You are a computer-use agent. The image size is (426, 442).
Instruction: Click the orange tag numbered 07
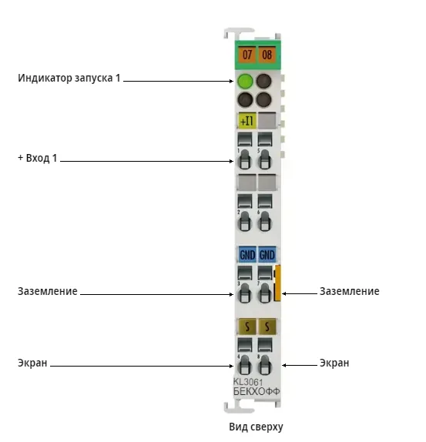tap(247, 55)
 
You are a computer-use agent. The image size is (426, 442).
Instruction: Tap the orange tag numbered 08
tap(267, 55)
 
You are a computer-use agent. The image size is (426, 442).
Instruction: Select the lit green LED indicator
tap(245, 81)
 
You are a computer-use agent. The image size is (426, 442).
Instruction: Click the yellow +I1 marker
tap(247, 121)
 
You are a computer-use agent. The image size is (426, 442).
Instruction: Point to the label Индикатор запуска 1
tap(69, 78)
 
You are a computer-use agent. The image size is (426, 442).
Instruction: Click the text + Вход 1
tap(38, 158)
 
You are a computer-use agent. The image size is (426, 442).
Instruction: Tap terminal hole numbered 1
tap(245, 159)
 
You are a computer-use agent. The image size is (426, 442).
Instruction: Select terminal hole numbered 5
tap(264, 159)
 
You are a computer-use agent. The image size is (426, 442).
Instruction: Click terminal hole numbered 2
tap(245, 221)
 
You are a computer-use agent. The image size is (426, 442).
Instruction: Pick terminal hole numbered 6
tap(264, 221)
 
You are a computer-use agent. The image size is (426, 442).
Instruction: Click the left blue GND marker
tap(247, 255)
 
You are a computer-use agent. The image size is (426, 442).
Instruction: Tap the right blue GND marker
tap(267, 255)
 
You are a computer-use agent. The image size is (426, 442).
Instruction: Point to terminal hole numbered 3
tap(245, 293)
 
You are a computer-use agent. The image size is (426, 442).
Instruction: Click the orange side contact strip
tap(277, 283)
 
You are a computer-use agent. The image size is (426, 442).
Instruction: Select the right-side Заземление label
tap(349, 291)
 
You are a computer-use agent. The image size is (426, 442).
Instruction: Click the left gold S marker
tap(247, 326)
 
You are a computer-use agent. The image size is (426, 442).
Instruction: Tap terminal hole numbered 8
tap(264, 364)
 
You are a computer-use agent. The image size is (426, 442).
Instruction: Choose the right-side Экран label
tap(334, 363)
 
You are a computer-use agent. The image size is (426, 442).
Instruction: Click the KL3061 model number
tap(248, 382)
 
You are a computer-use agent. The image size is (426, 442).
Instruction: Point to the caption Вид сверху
tap(256, 427)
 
